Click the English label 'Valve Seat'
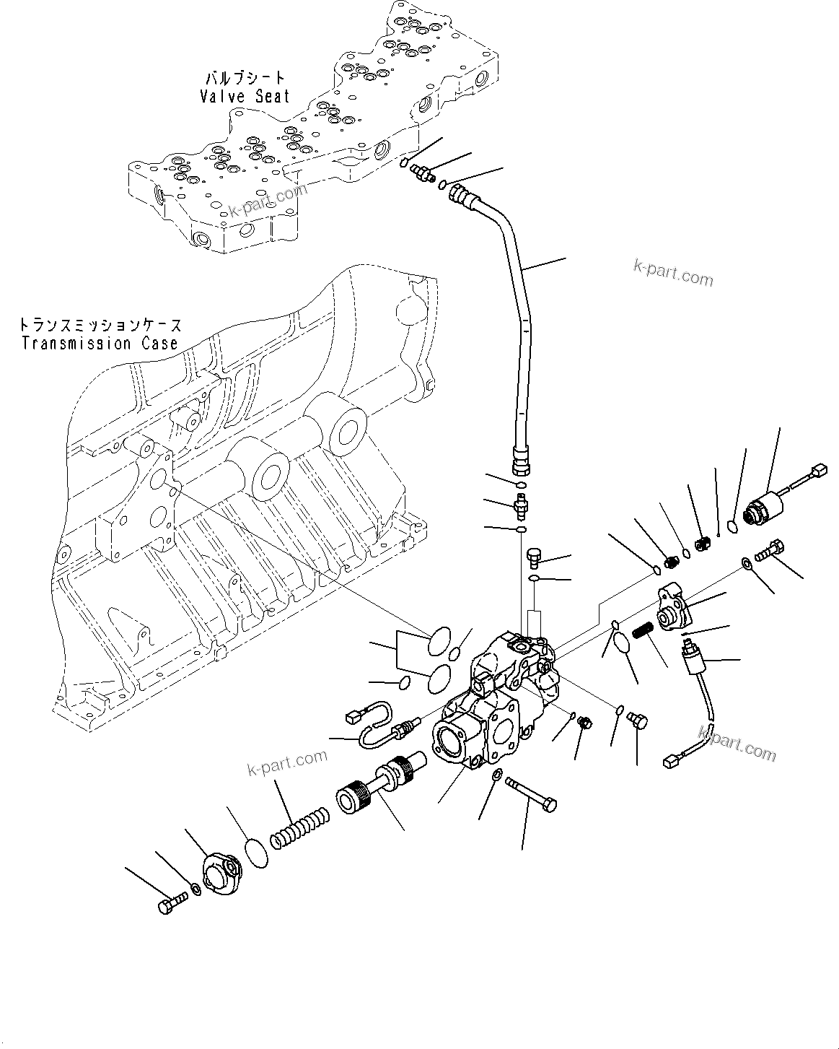(x=245, y=96)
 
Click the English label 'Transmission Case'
(x=100, y=343)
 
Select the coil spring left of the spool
(x=299, y=828)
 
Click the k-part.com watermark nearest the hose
(x=672, y=274)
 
